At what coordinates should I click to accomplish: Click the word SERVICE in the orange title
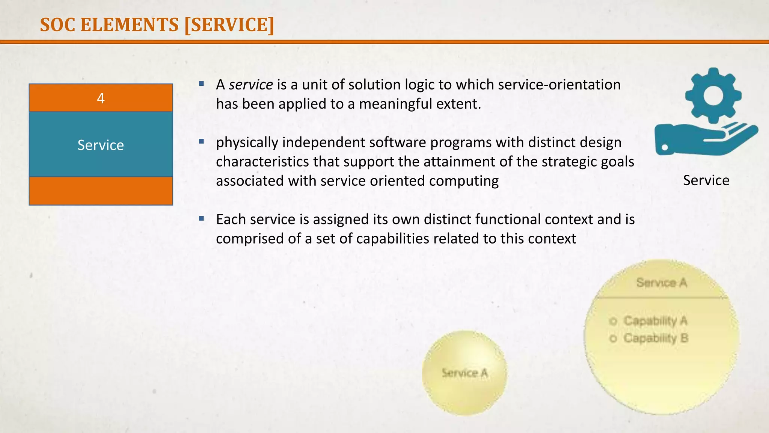tap(230, 25)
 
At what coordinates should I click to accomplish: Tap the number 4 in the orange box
tap(101, 98)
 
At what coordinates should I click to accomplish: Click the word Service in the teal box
tap(101, 145)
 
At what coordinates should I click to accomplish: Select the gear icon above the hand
tap(713, 95)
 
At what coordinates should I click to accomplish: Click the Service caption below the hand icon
tap(706, 180)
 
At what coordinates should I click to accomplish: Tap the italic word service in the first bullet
tap(251, 85)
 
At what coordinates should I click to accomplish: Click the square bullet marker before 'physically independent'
tap(202, 142)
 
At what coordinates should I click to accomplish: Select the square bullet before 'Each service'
tap(202, 218)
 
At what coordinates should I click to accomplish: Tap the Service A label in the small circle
tap(464, 373)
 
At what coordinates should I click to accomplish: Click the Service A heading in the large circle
tap(662, 283)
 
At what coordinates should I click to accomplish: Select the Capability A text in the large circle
tap(655, 321)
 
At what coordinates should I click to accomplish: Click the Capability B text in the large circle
tap(656, 338)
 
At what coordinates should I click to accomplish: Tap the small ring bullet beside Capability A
tap(613, 321)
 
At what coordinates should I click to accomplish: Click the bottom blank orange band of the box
tap(101, 191)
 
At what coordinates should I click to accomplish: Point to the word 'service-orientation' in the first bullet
tap(559, 85)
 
